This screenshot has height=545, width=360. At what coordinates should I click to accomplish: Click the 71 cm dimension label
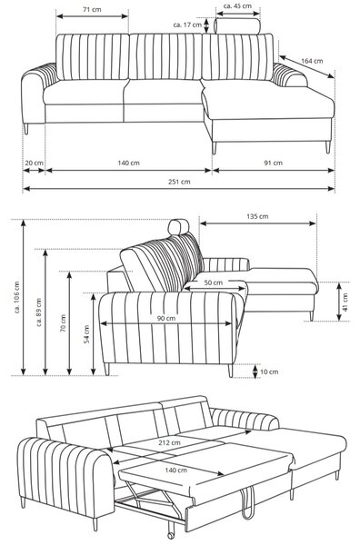coord(92,9)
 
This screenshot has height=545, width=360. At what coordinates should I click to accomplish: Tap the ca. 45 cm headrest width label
coord(237,6)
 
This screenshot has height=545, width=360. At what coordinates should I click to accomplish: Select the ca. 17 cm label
coord(187,25)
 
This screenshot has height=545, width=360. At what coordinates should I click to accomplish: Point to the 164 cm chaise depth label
coord(312,61)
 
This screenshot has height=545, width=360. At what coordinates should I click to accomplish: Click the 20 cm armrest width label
coord(34,163)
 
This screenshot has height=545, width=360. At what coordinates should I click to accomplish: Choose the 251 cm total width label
coord(179,182)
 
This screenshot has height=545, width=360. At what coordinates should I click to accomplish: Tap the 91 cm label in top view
coord(273,163)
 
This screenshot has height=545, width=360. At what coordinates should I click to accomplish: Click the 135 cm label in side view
coord(257,216)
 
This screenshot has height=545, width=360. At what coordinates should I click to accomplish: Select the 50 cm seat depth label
coord(214,282)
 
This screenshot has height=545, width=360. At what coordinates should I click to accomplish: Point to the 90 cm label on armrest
coord(166,319)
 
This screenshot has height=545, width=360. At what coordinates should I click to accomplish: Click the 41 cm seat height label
coord(345,302)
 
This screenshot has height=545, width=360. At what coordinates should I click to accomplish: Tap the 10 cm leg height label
coord(269,372)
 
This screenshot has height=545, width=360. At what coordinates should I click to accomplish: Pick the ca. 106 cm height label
coord(17,297)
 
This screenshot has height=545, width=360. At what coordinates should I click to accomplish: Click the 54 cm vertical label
coord(86,334)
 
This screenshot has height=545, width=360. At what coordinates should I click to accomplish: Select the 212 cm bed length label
coord(169,442)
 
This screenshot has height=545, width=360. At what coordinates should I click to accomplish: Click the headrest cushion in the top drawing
coord(237,26)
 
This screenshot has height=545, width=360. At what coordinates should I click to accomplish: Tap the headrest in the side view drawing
coord(178,227)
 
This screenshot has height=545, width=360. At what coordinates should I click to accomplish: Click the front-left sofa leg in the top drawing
coord(25,129)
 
